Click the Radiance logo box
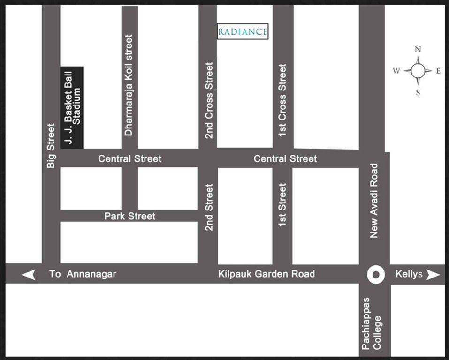click(243, 31)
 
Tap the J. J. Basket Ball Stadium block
click(72, 107)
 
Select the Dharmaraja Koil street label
click(129, 85)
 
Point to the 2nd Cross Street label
click(209, 100)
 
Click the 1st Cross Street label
click(282, 100)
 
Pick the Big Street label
click(51, 145)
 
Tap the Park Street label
click(129, 216)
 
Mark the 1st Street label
click(282, 205)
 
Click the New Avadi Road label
click(374, 201)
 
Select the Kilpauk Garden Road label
click(266, 274)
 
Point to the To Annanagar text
click(83, 274)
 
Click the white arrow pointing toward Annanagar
click(29, 274)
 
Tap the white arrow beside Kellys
click(433, 274)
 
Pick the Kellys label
click(410, 274)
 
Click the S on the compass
click(418, 92)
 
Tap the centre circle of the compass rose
click(418, 71)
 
